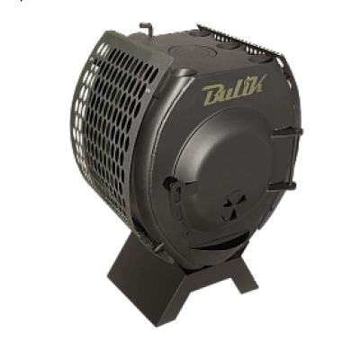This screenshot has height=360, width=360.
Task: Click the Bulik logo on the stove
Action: [x=234, y=90]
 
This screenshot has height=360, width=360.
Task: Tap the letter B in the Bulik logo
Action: [x=213, y=94]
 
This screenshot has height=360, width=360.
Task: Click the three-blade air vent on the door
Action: [x=234, y=205]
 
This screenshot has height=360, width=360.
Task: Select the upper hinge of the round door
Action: [x=287, y=133]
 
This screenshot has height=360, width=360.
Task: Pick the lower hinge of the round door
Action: [x=283, y=185]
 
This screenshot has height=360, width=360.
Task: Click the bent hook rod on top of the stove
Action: [x=147, y=29]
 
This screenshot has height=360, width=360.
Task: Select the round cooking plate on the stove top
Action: [x=188, y=51]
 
